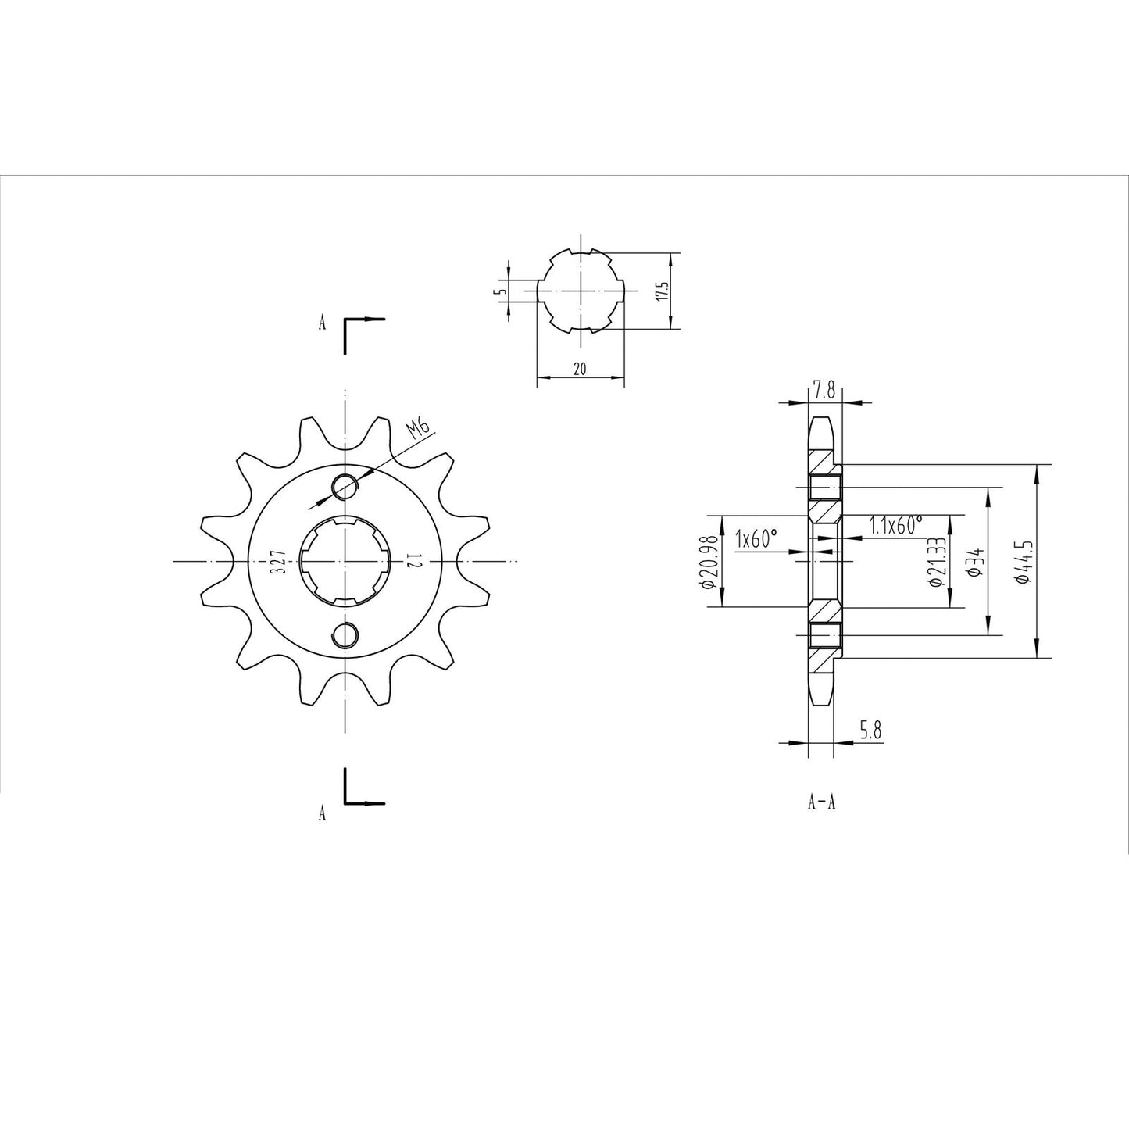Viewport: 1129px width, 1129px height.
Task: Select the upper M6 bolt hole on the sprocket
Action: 344,486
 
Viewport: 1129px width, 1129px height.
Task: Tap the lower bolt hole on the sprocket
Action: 344,635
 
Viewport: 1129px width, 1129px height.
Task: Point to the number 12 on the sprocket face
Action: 413,561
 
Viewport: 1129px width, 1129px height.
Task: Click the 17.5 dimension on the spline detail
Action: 661,291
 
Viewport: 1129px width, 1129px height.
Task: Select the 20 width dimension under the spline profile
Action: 580,369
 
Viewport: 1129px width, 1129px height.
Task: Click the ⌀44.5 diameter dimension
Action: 1020,561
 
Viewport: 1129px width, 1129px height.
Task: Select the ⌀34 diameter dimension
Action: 974,561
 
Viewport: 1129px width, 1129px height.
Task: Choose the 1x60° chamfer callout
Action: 757,538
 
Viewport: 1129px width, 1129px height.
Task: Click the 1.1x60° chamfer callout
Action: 895,525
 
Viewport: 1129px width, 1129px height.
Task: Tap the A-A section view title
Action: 822,802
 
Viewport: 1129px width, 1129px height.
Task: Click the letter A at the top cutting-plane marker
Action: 322,323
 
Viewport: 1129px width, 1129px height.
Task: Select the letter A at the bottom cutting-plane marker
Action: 322,814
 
